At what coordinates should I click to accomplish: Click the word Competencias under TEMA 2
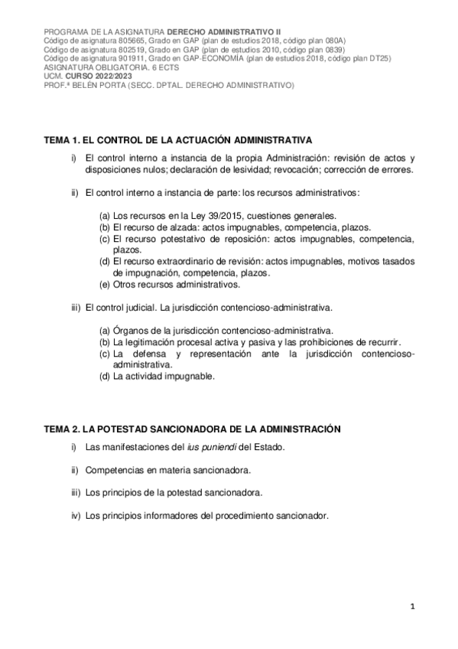pos(116,469)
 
